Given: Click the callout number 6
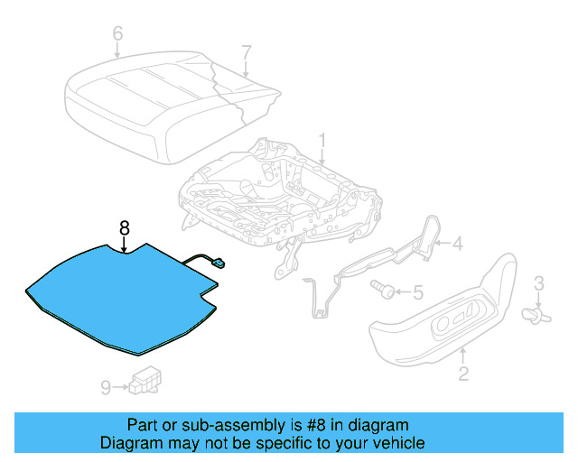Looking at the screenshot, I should [x=117, y=34].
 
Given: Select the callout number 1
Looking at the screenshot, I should [x=322, y=141].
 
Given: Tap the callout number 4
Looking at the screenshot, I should [x=457, y=242].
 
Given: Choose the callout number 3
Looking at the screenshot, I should [x=539, y=284].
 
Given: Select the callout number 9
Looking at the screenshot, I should [x=106, y=387].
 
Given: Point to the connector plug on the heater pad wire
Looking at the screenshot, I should [x=219, y=263].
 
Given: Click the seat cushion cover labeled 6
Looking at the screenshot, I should [x=135, y=99].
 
